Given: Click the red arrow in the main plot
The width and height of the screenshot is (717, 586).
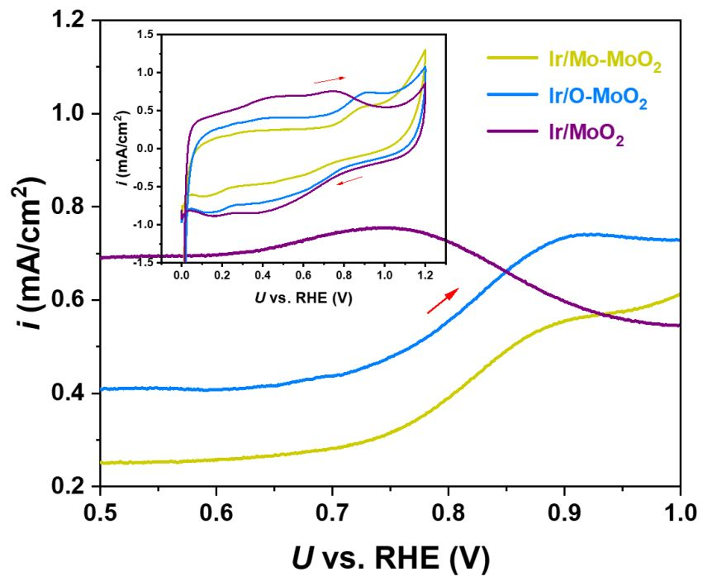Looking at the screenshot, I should point(443,302).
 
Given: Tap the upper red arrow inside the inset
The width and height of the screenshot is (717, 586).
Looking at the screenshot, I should point(329,79).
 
